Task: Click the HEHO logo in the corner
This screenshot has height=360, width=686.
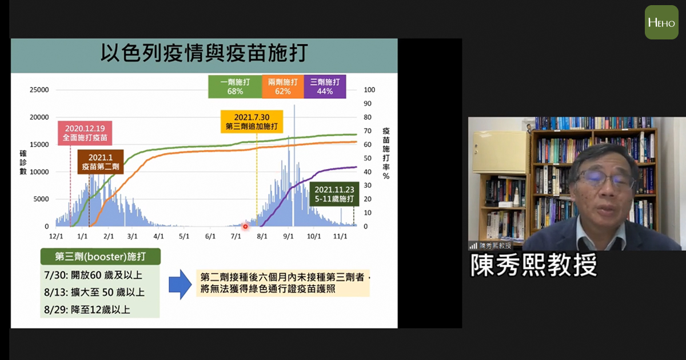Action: click(661, 22)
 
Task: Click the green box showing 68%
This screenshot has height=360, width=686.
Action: click(235, 87)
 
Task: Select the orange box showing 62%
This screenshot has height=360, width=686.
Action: click(283, 87)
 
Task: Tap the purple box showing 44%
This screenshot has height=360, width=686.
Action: click(325, 87)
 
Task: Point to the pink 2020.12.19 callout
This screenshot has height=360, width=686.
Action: click(85, 133)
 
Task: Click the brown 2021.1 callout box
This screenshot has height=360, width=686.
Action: click(101, 162)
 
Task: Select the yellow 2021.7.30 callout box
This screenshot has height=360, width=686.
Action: click(252, 122)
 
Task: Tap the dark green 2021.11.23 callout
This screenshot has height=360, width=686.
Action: click(334, 194)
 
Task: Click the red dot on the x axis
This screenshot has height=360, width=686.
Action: click(245, 226)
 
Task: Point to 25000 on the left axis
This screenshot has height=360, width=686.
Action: click(39, 90)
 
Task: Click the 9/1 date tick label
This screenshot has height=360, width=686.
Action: click(288, 237)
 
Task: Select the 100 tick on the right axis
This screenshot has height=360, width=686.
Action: click(369, 90)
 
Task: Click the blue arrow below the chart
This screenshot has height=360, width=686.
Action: click(181, 285)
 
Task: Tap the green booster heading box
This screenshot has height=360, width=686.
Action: click(101, 257)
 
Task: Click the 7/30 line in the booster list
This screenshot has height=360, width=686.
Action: click(93, 275)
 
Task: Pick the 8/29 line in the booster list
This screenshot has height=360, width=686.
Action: click(87, 310)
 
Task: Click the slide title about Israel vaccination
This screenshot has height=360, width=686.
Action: click(204, 53)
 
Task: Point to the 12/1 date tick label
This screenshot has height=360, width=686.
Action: click(56, 237)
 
